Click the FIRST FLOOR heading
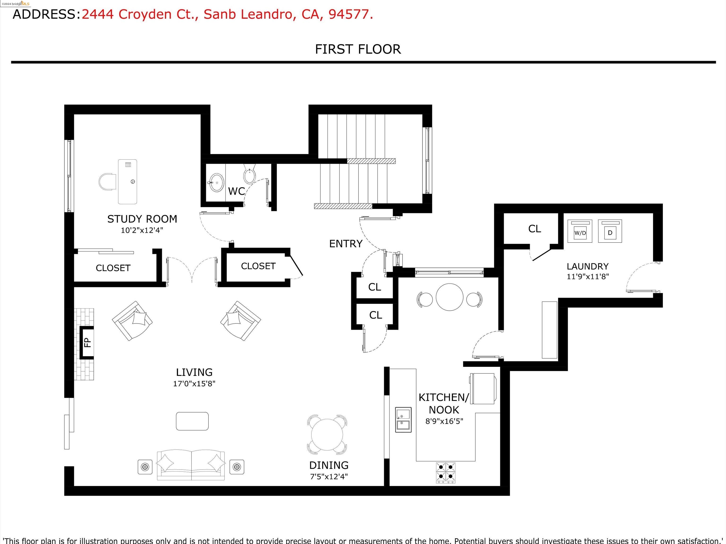pos(358,49)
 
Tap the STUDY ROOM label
pos(142,219)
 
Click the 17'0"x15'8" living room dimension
pos(194,383)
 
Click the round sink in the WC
pos(216,182)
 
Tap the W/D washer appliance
pos(580,231)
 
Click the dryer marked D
pos(610,231)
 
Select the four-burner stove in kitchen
pos(445,472)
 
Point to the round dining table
pos(327,435)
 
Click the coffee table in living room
pos(192,421)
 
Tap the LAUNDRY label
pos(588,266)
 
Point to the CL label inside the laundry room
pos(534,229)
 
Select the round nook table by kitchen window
pos(449,297)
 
